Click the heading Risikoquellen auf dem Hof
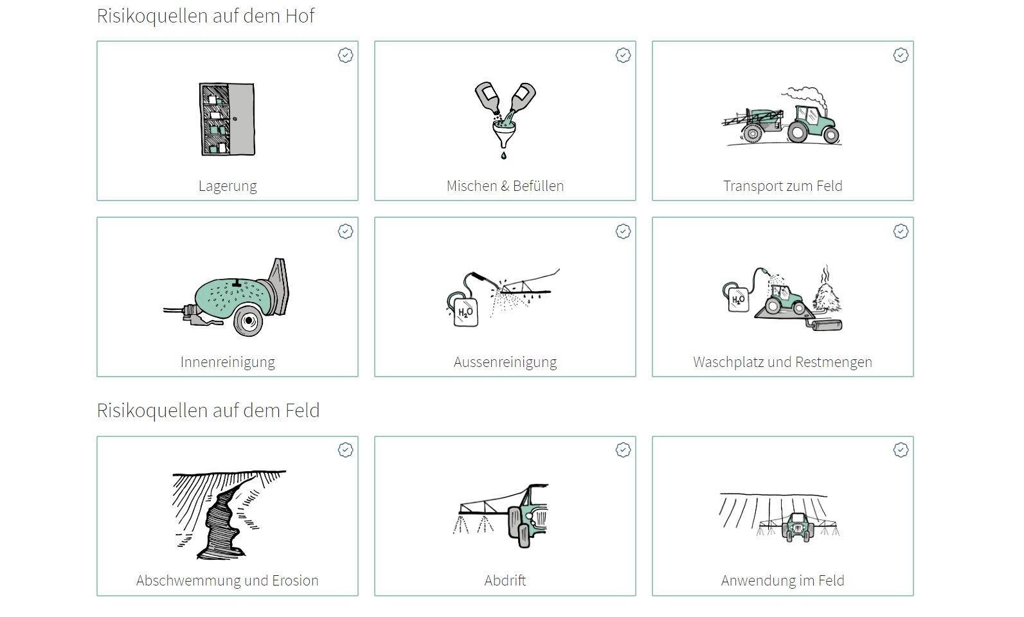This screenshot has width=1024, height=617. coord(206,16)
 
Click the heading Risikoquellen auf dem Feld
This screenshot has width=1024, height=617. coord(208,411)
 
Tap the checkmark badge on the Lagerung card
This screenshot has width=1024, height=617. coord(346,55)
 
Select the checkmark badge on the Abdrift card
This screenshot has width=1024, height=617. coord(623,450)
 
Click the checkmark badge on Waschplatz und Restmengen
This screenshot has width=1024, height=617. coord(901,231)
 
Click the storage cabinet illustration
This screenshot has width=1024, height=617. coord(227,119)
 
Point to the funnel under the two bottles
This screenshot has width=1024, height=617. coord(504,133)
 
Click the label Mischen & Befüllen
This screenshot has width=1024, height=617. coord(505,186)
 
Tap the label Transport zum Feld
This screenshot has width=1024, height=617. coord(783,186)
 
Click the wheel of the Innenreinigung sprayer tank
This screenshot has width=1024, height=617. coord(248,321)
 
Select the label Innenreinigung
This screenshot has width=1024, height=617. coord(228,362)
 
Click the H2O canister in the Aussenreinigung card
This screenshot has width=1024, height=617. coord(465,311)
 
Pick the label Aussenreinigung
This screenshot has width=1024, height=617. coord(505,362)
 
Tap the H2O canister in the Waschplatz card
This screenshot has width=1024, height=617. coord(738,299)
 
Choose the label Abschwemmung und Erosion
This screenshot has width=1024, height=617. coord(227,580)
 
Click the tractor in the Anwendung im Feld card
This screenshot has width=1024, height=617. coord(798,527)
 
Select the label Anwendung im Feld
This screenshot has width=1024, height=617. coord(783,580)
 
